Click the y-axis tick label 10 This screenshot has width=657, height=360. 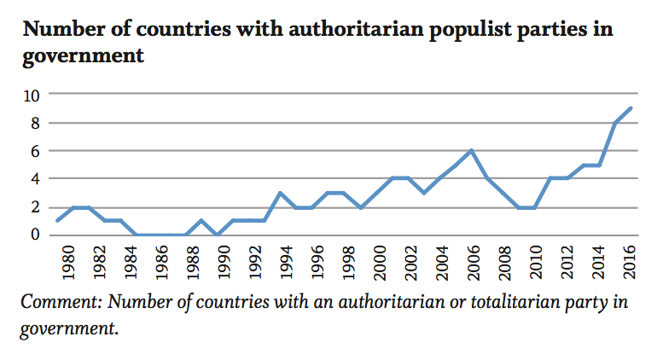pos(32,95)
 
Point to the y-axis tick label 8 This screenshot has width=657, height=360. pos(37,123)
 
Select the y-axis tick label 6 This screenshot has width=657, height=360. pos(37,151)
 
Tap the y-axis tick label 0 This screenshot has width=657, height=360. pos(37,235)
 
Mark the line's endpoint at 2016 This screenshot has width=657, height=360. pos(630,108)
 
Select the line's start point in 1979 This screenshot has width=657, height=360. pos(56,221)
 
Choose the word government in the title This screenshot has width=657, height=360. pos(82,58)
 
